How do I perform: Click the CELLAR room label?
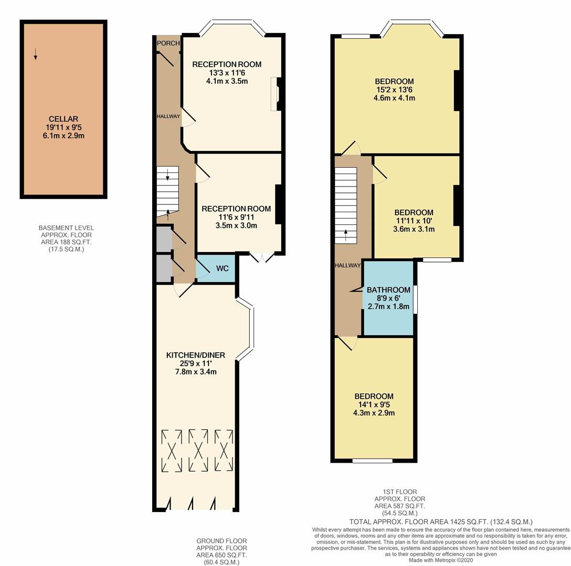pyautogui.click(x=64, y=119)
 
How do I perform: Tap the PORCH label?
pyautogui.click(x=168, y=43)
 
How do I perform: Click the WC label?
pyautogui.click(x=222, y=268)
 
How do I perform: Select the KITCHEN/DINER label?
pyautogui.click(x=196, y=355)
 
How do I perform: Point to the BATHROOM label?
pyautogui.click(x=388, y=290)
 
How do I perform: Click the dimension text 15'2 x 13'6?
pyautogui.click(x=394, y=90)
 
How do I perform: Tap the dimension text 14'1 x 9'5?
pyautogui.click(x=374, y=405)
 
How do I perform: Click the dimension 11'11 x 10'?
pyautogui.click(x=414, y=221)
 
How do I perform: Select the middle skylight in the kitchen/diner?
pyautogui.click(x=198, y=451)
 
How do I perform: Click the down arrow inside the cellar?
pyautogui.click(x=35, y=54)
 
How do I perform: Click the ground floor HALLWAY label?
pyautogui.click(x=168, y=116)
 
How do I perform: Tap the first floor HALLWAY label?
pyautogui.click(x=348, y=266)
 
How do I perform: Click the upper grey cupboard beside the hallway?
pyautogui.click(x=164, y=238)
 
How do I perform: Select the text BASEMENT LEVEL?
pyautogui.click(x=66, y=228)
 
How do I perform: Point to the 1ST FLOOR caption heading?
pyautogui.click(x=400, y=492)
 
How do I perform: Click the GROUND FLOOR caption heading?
pyautogui.click(x=222, y=541)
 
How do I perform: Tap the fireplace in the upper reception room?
pyautogui.click(x=276, y=94)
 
